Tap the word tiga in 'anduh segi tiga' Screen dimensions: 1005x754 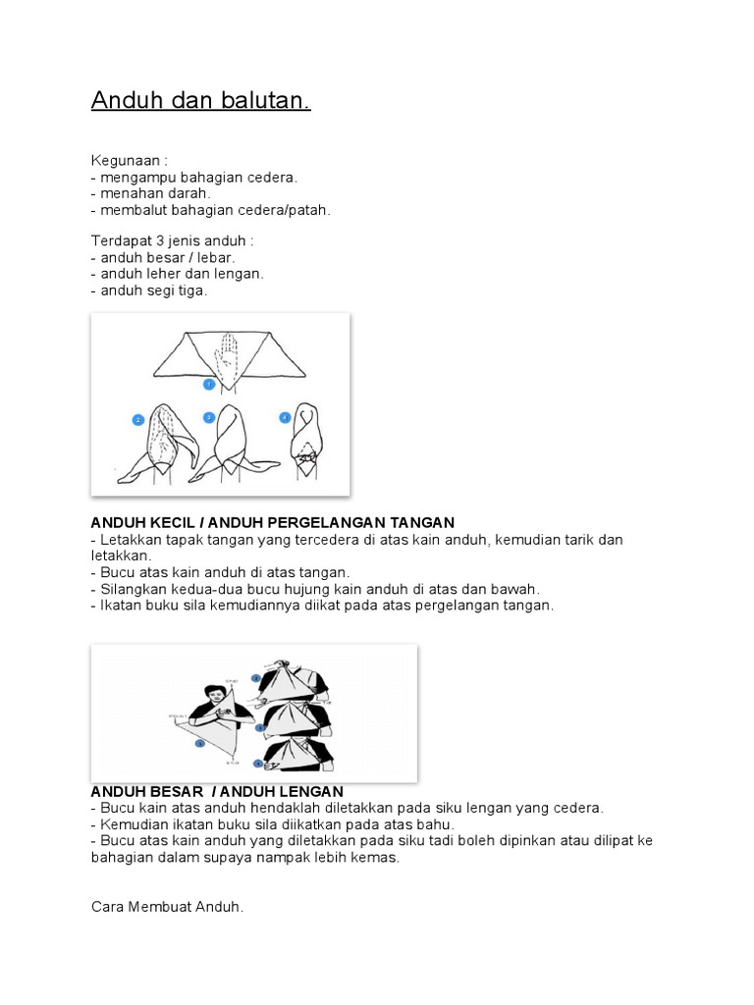click(192, 291)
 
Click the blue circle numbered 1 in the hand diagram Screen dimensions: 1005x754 click(208, 385)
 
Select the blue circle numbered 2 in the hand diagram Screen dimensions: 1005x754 click(138, 420)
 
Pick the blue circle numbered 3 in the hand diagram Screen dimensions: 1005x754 click(209, 417)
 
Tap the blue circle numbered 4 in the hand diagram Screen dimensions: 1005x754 click(285, 417)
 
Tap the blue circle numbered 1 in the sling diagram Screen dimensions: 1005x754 click(200, 743)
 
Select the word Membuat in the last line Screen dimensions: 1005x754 click(156, 908)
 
